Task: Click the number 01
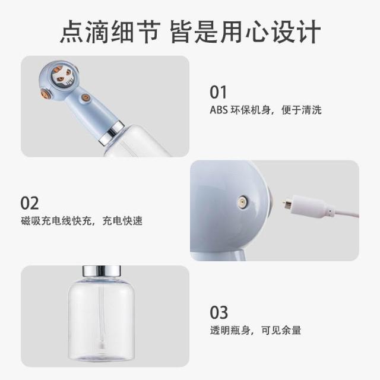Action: tap(218, 92)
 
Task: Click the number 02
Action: tap(29, 203)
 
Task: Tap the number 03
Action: tap(219, 312)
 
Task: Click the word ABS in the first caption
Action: tap(218, 110)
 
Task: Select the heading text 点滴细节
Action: tap(110, 31)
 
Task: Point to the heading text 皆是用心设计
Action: tap(245, 31)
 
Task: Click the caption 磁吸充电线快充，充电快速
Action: tap(82, 221)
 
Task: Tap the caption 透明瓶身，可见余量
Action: tap(255, 330)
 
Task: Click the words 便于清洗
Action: tap(302, 110)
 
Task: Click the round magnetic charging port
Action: tap(242, 201)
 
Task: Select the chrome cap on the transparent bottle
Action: tap(102, 271)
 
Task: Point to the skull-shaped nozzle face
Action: tap(62, 76)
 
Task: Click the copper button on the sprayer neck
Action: tap(85, 97)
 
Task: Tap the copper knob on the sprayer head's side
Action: tap(46, 93)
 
